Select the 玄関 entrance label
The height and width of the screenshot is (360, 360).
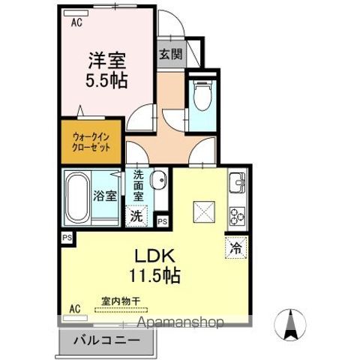[169, 55]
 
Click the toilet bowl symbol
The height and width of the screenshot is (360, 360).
[200, 95]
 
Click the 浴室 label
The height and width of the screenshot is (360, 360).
[105, 196]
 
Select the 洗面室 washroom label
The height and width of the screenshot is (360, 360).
[139, 186]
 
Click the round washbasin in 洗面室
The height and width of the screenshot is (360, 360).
[158, 181]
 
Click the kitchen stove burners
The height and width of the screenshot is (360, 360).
[236, 216]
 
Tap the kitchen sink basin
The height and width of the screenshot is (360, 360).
[237, 182]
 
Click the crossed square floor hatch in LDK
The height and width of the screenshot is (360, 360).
[202, 211]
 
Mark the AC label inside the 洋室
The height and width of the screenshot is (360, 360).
[76, 22]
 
